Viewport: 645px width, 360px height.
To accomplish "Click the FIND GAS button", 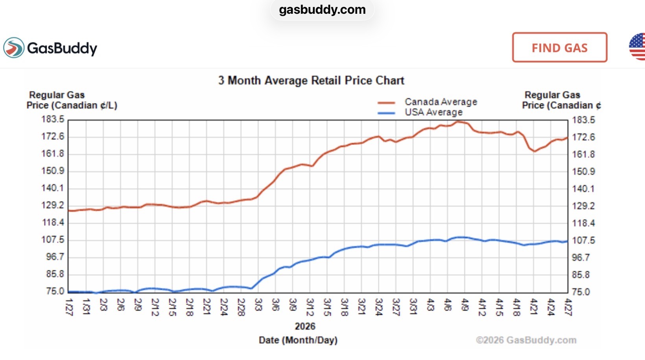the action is point(560,47).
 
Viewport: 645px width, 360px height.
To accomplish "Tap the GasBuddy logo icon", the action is point(13,48).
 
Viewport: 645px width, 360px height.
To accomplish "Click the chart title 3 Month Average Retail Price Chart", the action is point(311,80).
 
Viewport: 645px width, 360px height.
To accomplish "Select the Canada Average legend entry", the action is point(427,102).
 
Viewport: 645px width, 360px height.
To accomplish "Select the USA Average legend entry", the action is point(420,112).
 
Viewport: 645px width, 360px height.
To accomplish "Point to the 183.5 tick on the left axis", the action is point(53,119).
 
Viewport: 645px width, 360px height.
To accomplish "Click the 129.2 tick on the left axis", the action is point(53,205).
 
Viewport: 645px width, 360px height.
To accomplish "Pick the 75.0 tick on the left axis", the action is point(55,291).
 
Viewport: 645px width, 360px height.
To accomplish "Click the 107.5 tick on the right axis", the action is point(583,240).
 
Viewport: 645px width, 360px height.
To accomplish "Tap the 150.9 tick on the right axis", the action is point(583,172).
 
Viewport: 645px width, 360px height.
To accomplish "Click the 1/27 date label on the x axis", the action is point(69,307).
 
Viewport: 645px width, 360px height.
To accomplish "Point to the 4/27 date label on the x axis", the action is point(568,307).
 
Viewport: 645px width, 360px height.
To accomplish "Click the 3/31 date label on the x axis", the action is point(413,307).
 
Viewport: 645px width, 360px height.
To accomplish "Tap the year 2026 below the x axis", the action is point(305,326).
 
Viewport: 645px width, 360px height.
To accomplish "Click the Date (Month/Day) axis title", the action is point(298,340).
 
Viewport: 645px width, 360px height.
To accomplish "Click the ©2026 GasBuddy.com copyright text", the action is point(526,340).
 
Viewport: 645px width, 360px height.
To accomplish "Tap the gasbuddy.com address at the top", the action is point(322,10).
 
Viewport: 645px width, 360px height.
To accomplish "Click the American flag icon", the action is point(637,47).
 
